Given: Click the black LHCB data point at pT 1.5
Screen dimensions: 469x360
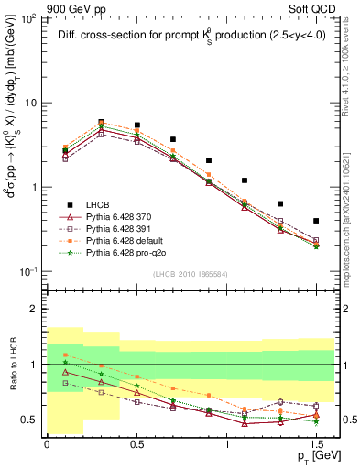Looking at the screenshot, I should (x=316, y=221).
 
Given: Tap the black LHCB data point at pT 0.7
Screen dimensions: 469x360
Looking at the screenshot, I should (x=172, y=140).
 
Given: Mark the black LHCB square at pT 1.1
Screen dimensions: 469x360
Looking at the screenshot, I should (x=245, y=180).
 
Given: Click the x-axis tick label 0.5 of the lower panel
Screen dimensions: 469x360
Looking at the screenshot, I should (x=136, y=444).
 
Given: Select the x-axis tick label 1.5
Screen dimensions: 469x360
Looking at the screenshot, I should (x=316, y=444).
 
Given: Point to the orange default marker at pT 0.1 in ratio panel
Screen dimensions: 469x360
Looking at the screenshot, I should (x=65, y=354).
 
